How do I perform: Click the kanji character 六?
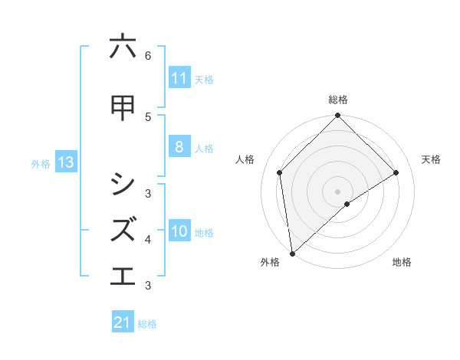click(123, 47)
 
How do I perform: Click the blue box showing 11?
click(179, 78)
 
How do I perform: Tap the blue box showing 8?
click(179, 147)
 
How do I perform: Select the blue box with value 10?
click(179, 231)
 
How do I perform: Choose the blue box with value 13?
click(65, 162)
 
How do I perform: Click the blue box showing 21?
click(122, 322)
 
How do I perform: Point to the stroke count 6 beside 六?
click(148, 55)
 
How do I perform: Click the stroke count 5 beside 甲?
click(148, 116)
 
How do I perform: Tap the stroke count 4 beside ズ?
click(148, 239)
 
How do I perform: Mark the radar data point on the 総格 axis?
click(337, 116)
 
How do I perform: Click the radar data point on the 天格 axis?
click(396, 172)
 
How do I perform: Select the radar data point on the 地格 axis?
click(347, 204)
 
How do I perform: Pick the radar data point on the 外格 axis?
click(291, 254)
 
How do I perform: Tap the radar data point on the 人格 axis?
click(280, 172)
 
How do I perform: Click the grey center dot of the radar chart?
click(337, 191)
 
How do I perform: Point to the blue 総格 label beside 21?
click(147, 324)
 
